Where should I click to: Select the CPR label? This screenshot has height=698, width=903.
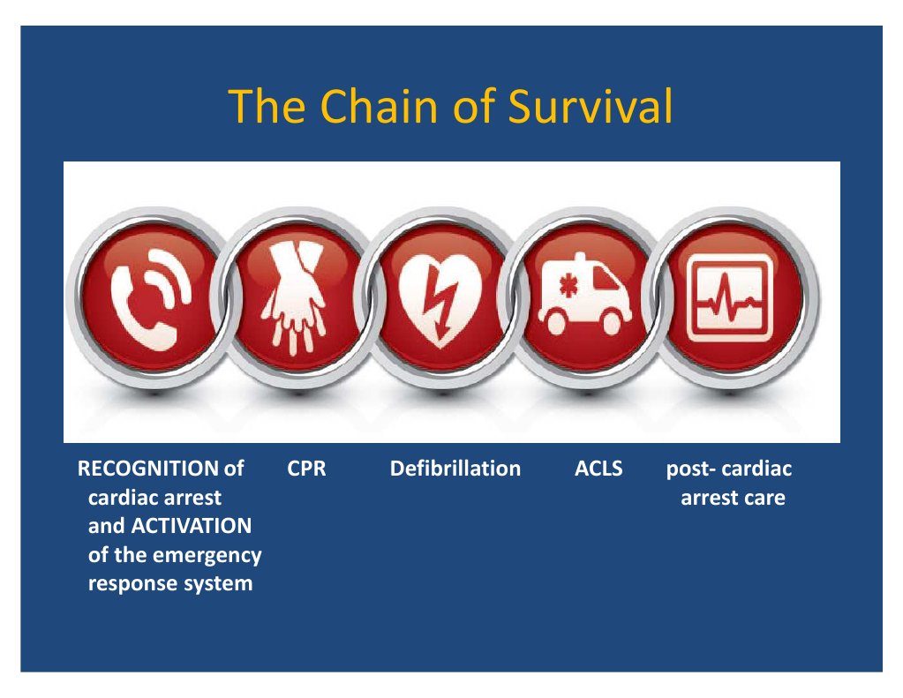307,469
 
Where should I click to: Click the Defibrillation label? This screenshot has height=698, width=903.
455,469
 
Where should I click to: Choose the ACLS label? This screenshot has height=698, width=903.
598,469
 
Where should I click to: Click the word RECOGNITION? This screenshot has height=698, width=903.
148,469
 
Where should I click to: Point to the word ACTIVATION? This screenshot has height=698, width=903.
191,527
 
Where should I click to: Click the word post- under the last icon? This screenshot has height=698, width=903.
689,469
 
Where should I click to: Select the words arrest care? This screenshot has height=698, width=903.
733,498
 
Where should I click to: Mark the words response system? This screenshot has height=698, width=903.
170,584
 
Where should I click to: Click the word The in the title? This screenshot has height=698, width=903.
257,107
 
